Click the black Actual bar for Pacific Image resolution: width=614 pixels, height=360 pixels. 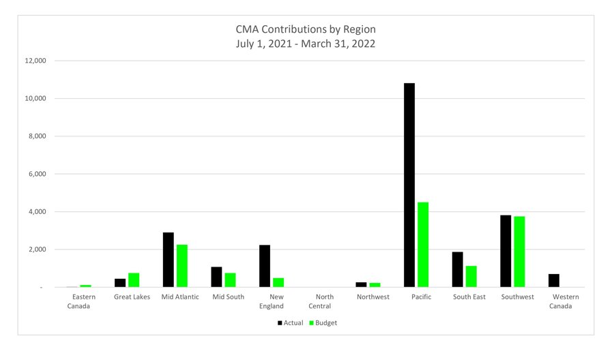pyautogui.click(x=409, y=185)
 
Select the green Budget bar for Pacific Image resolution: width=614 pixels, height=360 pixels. pyautogui.click(x=423, y=245)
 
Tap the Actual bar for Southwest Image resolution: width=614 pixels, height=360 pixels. pyautogui.click(x=506, y=251)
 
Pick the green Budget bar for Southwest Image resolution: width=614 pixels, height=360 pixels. pyautogui.click(x=519, y=252)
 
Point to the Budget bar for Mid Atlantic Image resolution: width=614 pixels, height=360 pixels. pyautogui.click(x=182, y=266)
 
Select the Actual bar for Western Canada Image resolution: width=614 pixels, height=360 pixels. pyautogui.click(x=554, y=280)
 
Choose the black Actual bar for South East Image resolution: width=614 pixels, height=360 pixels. pyautogui.click(x=457, y=269)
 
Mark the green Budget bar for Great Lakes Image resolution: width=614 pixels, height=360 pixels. pyautogui.click(x=134, y=280)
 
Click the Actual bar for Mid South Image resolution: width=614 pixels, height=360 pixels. pyautogui.click(x=216, y=277)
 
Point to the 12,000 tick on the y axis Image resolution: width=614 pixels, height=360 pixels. pyautogui.click(x=35, y=61)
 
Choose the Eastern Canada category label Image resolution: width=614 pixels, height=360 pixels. pyautogui.click(x=83, y=301)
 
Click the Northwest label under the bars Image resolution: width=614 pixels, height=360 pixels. pyautogui.click(x=373, y=297)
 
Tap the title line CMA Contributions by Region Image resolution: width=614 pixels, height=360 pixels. pyautogui.click(x=306, y=29)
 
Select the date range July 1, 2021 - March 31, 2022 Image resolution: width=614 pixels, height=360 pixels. pyautogui.click(x=306, y=44)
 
